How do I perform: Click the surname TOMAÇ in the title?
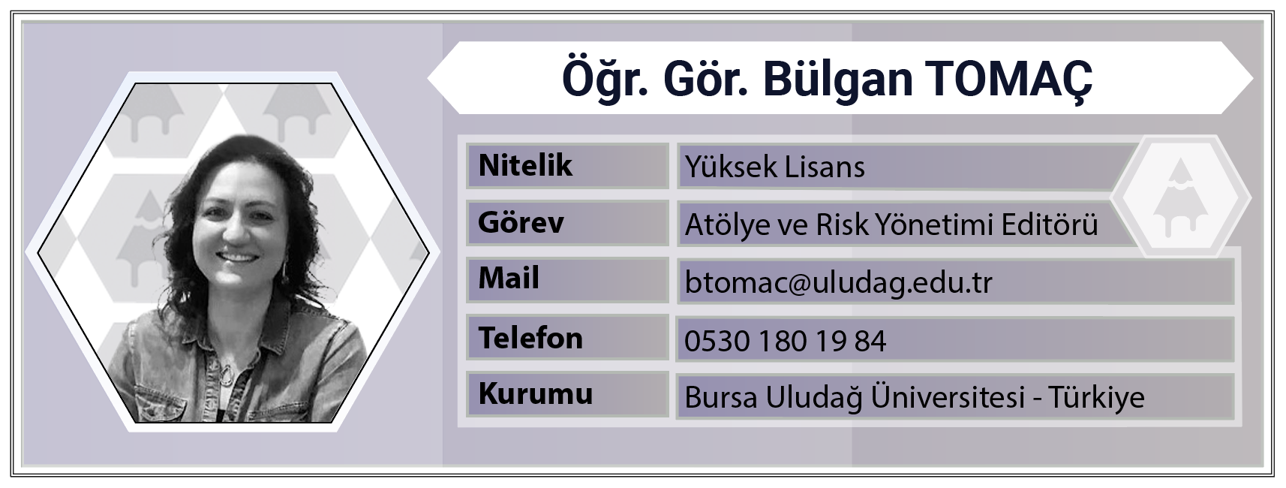(1008, 80)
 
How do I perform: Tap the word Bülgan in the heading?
(837, 80)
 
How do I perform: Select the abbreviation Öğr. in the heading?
(605, 80)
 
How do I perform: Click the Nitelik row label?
(525, 165)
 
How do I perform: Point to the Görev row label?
(521, 222)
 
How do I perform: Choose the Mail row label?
(509, 279)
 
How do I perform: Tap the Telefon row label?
(530, 337)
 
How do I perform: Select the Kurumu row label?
(536, 393)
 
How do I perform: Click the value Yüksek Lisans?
(775, 167)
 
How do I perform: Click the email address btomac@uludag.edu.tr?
(839, 282)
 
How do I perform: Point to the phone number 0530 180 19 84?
(786, 341)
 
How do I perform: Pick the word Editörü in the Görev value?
(1050, 224)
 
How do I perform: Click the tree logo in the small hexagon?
(1180, 197)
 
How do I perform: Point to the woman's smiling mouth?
(237, 258)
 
